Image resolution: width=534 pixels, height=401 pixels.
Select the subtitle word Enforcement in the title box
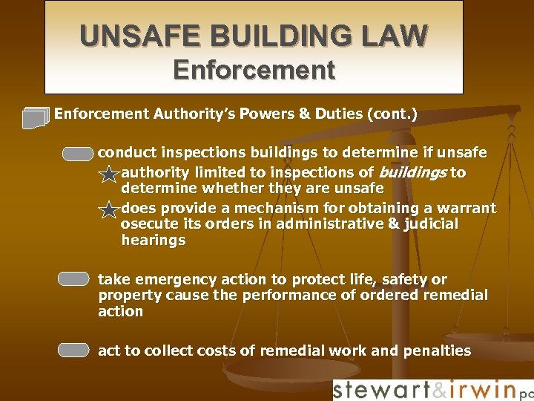click(254, 71)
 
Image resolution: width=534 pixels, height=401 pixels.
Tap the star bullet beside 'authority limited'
click(109, 175)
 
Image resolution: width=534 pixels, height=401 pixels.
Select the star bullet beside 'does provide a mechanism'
click(109, 210)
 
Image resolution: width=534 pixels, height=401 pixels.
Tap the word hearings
click(154, 240)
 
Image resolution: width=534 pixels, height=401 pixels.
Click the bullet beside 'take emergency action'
click(73, 279)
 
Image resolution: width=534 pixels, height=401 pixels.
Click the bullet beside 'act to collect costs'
click(73, 351)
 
